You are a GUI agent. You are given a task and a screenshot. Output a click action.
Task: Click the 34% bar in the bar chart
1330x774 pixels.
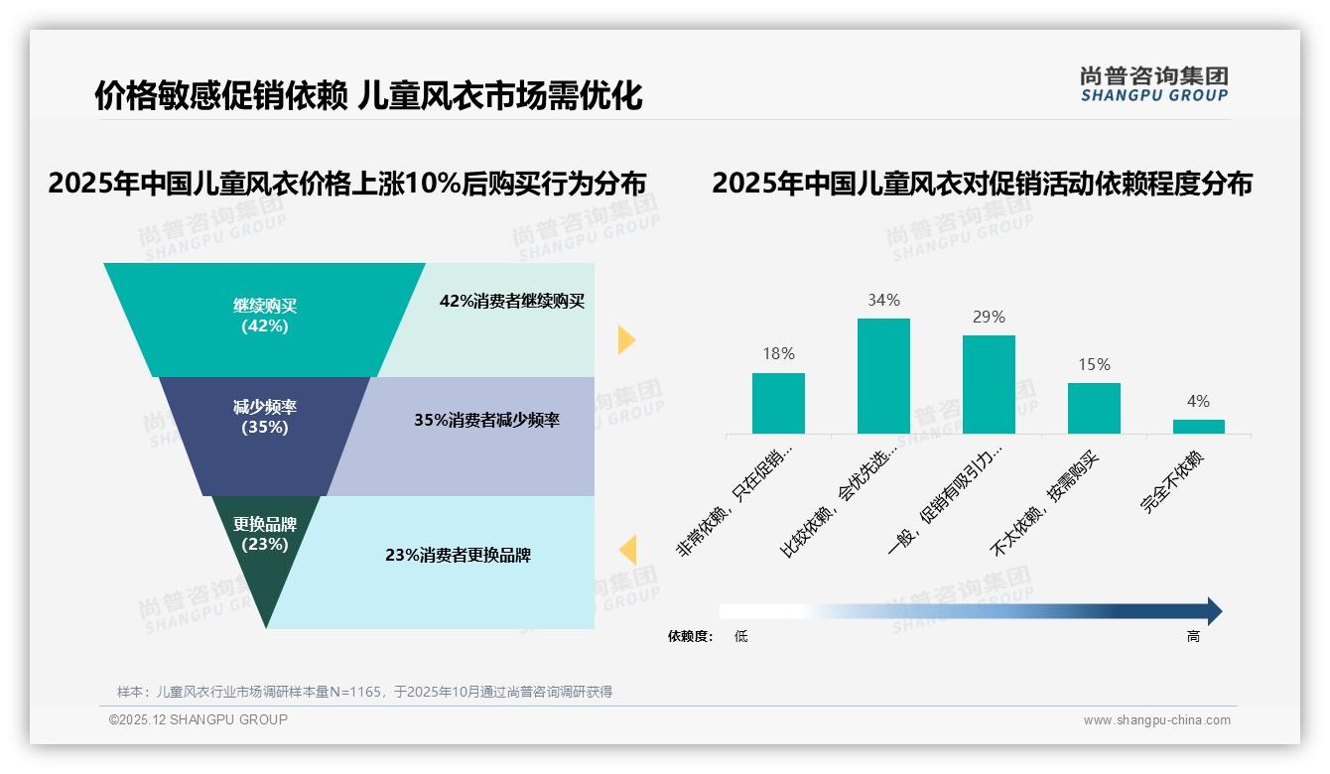point(883,376)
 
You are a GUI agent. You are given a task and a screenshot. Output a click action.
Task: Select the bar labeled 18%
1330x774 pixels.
point(778,403)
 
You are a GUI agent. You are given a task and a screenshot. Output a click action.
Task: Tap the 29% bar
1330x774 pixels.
point(989,384)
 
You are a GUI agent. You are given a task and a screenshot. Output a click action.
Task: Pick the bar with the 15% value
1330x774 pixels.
point(1094,408)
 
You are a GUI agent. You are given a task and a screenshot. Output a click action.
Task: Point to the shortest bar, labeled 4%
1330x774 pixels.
point(1198,427)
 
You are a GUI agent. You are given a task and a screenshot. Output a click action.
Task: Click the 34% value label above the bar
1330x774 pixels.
point(883,300)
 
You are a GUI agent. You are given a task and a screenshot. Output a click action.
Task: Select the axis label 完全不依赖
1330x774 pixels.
point(1172,482)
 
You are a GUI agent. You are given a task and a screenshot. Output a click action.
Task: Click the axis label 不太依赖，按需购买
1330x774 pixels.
point(1047,504)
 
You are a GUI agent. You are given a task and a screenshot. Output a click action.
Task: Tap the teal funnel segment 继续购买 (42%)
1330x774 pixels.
point(265,316)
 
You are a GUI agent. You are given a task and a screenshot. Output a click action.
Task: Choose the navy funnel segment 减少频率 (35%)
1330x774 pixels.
point(265,417)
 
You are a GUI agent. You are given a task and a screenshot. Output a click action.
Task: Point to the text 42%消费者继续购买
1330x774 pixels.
point(512,301)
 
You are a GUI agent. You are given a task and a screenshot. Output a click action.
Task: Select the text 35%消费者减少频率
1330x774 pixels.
point(486,420)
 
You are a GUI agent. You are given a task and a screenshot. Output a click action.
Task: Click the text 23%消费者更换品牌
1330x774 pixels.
point(458,555)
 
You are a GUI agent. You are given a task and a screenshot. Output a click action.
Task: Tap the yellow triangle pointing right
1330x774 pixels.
point(625,339)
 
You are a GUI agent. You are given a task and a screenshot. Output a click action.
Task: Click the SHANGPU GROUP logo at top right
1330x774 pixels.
point(1153,84)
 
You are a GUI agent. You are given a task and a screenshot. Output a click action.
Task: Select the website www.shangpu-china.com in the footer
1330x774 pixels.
point(1156,720)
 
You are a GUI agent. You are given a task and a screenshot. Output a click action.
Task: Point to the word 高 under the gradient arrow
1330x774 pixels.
point(1193,636)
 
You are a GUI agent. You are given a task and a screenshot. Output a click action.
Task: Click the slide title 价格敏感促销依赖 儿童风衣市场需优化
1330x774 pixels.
point(368,95)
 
